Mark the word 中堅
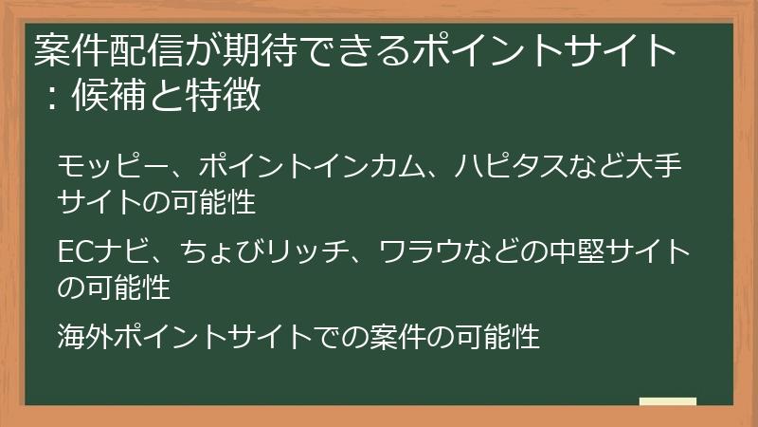[560, 252]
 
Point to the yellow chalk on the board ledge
[667, 401]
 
